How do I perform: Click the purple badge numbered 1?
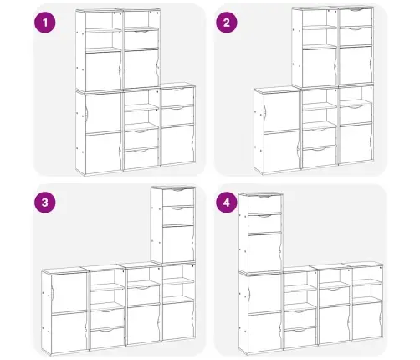pyautogui.click(x=45, y=23)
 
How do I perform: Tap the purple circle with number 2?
pyautogui.click(x=227, y=23)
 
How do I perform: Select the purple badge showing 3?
pyautogui.click(x=45, y=203)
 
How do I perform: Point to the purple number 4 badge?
pyautogui.click(x=227, y=203)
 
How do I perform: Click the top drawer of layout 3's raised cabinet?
pyautogui.click(x=178, y=197)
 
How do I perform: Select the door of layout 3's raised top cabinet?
pyautogui.click(x=178, y=244)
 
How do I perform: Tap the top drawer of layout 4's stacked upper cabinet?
pyautogui.click(x=264, y=203)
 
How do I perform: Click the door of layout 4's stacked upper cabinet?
pyautogui.click(x=264, y=253)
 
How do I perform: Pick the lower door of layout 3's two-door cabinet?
pyautogui.click(x=69, y=331)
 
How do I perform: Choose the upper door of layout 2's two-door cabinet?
pyautogui.click(x=281, y=111)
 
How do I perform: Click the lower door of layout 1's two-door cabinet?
pyautogui.click(x=103, y=152)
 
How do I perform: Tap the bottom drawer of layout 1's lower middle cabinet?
pyautogui.click(x=141, y=157)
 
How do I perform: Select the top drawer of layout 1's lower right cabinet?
pyautogui.click(x=177, y=96)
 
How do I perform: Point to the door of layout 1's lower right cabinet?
pyautogui.click(x=177, y=144)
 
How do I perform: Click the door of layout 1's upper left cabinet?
pyautogui.click(x=103, y=70)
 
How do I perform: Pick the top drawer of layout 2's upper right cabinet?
pyautogui.click(x=356, y=17)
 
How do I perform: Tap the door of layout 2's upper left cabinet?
pyautogui.click(x=320, y=66)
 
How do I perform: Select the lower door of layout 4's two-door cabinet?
pyautogui.click(x=264, y=332)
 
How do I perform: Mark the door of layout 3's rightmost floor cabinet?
pyautogui.click(x=178, y=321)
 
